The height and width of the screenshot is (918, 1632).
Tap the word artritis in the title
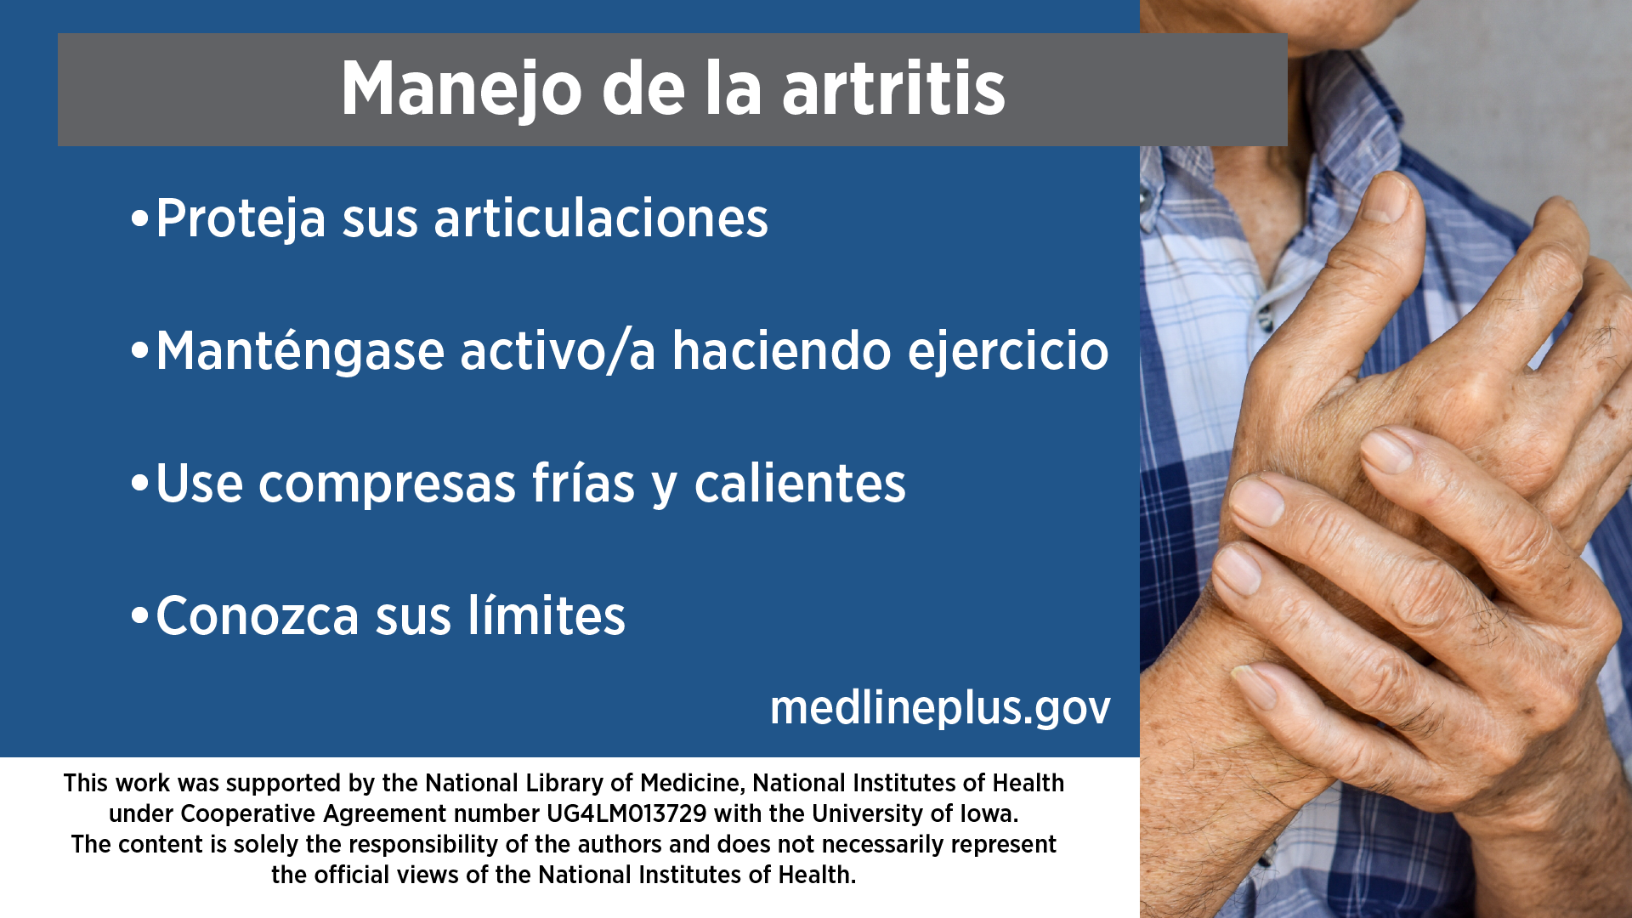pos(893,88)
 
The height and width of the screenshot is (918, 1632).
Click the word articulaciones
pos(601,218)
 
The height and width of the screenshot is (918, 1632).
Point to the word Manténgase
pos(300,351)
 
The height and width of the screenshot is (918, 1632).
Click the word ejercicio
pos(1008,351)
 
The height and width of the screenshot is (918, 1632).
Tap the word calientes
pos(800,483)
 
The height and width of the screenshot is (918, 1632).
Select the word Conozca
pos(257,615)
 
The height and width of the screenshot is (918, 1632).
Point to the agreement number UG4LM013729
pos(626,813)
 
